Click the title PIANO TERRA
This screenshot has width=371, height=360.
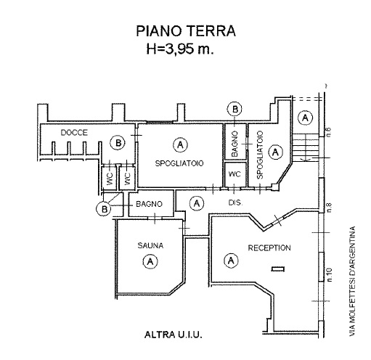pyautogui.click(x=186, y=30)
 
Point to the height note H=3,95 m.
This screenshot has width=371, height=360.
pyautogui.click(x=180, y=49)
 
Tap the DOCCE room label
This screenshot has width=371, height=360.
pyautogui.click(x=74, y=133)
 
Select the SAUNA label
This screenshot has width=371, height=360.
pyautogui.click(x=150, y=245)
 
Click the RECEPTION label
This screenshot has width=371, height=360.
pyautogui.click(x=269, y=247)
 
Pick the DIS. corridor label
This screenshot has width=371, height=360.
pyautogui.click(x=235, y=202)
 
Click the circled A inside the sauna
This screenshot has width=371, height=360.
pyautogui.click(x=150, y=261)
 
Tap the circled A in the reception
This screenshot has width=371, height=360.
pyautogui.click(x=231, y=261)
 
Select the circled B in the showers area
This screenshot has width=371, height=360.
pyautogui.click(x=118, y=142)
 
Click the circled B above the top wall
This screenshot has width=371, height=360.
pyautogui.click(x=235, y=109)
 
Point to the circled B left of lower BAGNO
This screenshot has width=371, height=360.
pyautogui.click(x=104, y=208)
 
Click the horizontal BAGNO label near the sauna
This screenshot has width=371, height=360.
pyautogui.click(x=149, y=204)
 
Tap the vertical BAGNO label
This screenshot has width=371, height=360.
pyautogui.click(x=235, y=144)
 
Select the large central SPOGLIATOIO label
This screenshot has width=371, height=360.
pyautogui.click(x=179, y=163)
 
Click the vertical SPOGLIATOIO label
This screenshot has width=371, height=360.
pyautogui.click(x=260, y=155)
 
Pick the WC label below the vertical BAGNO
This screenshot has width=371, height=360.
pyautogui.click(x=235, y=174)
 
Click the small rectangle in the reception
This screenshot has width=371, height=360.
pyautogui.click(x=278, y=269)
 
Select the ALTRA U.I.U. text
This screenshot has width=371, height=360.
pyautogui.click(x=174, y=335)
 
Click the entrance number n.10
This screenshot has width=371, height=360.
pyautogui.click(x=329, y=275)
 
